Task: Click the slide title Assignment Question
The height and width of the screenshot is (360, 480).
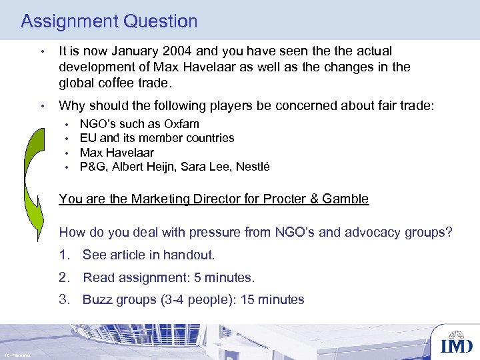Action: point(109,21)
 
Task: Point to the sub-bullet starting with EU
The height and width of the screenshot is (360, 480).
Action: point(157,138)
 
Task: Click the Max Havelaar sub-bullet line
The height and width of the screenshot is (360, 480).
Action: point(117,153)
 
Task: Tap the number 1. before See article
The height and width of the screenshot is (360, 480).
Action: point(66,255)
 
